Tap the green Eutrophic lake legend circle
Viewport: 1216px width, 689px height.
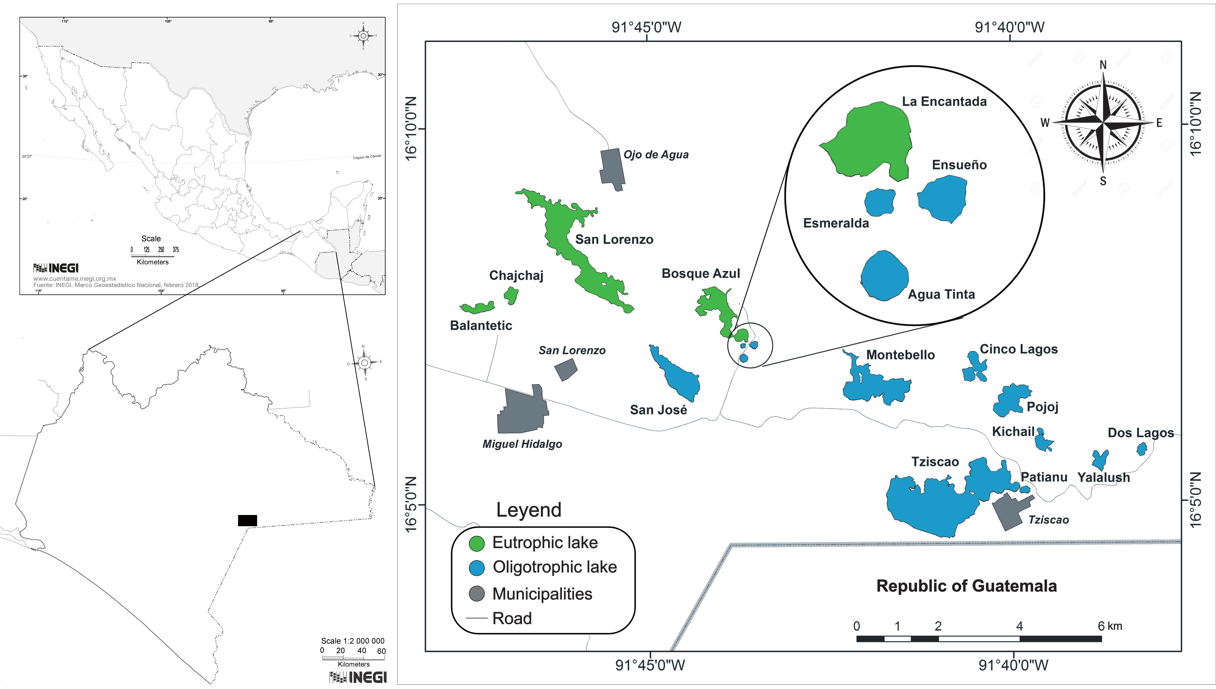pyautogui.click(x=476, y=543)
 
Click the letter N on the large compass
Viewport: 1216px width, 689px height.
pyautogui.click(x=1103, y=65)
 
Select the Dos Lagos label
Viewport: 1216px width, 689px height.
pyautogui.click(x=1140, y=433)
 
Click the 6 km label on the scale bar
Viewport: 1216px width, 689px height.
pyautogui.click(x=1110, y=626)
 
